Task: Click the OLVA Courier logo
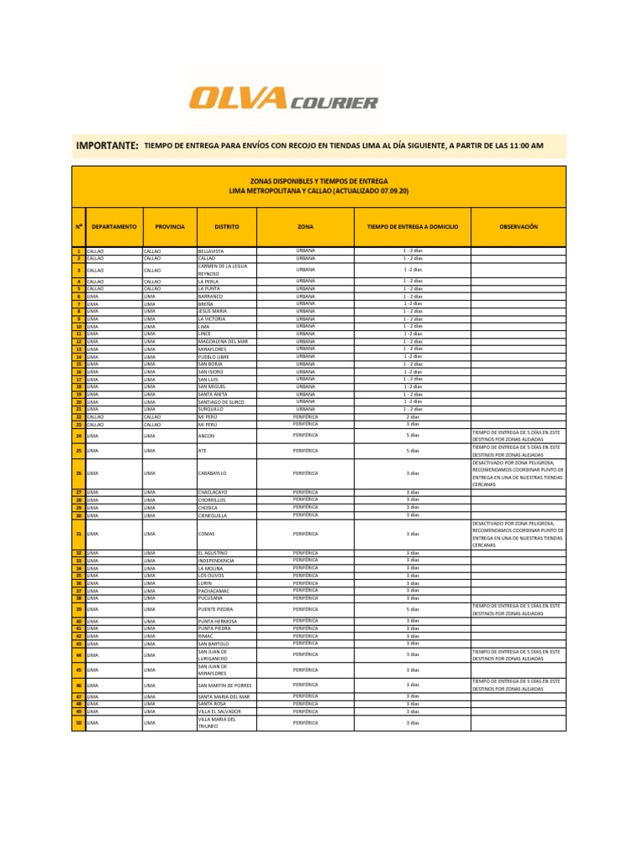(283, 101)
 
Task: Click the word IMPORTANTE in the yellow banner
(107, 146)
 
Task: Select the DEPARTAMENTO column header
(114, 227)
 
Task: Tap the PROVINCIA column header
(169, 227)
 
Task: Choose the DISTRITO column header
(226, 227)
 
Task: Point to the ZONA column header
(306, 227)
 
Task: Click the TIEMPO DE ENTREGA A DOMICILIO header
(413, 227)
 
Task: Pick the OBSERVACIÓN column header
(518, 227)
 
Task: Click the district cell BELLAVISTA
(212, 251)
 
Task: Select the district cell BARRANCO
(211, 297)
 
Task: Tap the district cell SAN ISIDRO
(212, 372)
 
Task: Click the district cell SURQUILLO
(211, 410)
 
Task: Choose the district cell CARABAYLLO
(213, 474)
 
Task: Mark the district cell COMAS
(206, 534)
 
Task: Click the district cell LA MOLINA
(211, 568)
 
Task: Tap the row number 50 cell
(78, 722)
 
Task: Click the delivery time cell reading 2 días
(413, 416)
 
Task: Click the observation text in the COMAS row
(517, 534)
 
